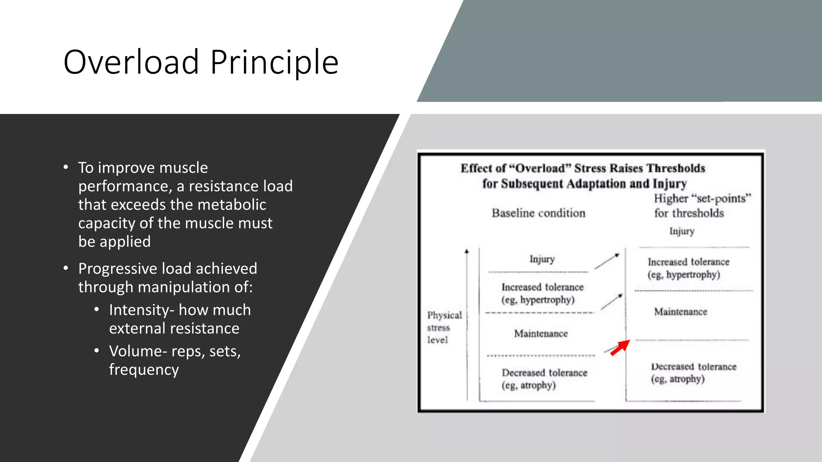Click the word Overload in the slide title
pos(131,62)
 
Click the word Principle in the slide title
pos(274,62)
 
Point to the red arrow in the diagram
pos(620,348)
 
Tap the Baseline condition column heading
pos(538,213)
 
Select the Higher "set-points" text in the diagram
pos(702,199)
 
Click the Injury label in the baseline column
pos(542,259)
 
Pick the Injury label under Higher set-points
pos(682,231)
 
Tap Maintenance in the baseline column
pos(541,334)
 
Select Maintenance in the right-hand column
pos(680,312)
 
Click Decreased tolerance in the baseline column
pos(544,373)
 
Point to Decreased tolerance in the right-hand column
pos(694,367)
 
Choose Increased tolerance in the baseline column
pos(542,288)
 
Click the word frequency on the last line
pos(144,369)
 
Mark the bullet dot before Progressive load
pos(66,268)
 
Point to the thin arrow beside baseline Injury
pos(606,261)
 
